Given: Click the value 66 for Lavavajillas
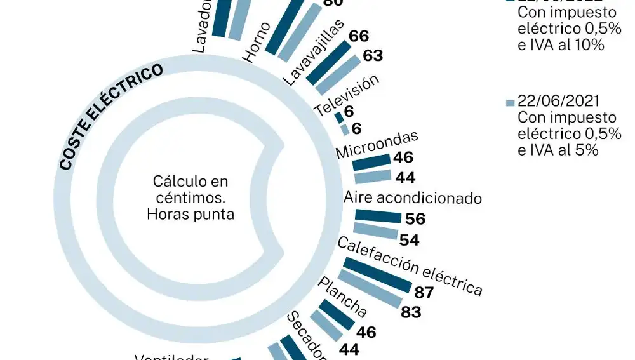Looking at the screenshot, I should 359,36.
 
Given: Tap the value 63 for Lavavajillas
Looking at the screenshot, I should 373,56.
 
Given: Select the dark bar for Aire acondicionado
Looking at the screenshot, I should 378,217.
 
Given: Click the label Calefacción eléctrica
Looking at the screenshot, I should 410,267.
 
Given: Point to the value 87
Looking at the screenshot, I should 424,293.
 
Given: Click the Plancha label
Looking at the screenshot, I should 342,298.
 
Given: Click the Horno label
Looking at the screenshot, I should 257,43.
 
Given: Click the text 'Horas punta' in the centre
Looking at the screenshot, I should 190,214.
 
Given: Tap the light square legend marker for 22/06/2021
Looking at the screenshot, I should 509,102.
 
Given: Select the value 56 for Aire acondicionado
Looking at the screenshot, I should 415,219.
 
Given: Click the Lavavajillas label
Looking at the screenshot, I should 312,53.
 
